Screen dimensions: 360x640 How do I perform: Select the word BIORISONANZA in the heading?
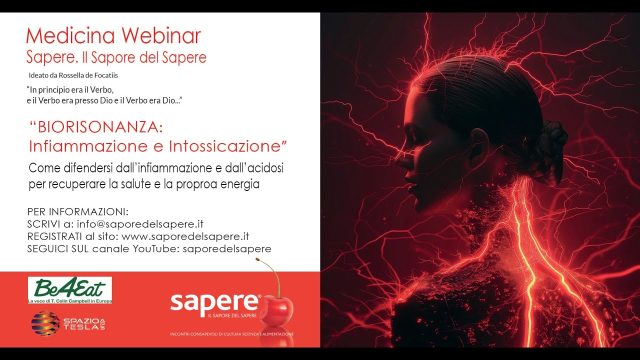click(100, 127)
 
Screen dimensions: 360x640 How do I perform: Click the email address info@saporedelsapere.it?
click(140, 224)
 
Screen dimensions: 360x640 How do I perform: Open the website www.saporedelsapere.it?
click(185, 236)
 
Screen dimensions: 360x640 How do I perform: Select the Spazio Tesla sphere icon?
click(45, 323)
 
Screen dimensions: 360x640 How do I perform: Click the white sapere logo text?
click(215, 302)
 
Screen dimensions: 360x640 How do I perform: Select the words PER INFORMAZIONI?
click(77, 211)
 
